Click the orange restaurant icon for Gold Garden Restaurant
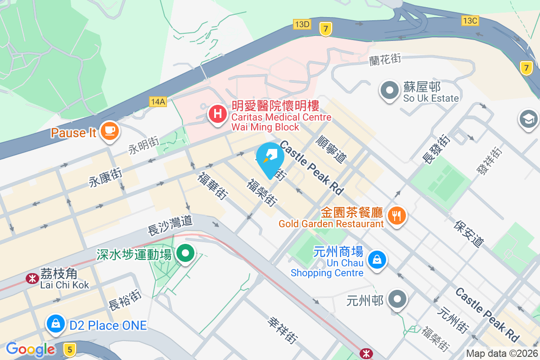(x=396, y=216)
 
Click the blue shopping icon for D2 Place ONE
(x=56, y=323)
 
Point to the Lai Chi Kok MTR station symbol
(x=32, y=279)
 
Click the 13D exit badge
(x=301, y=24)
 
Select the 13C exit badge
(x=470, y=20)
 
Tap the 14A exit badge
(x=158, y=102)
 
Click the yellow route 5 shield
(x=69, y=348)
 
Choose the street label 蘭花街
(x=385, y=59)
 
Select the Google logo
(x=31, y=349)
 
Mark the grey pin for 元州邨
(x=397, y=299)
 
